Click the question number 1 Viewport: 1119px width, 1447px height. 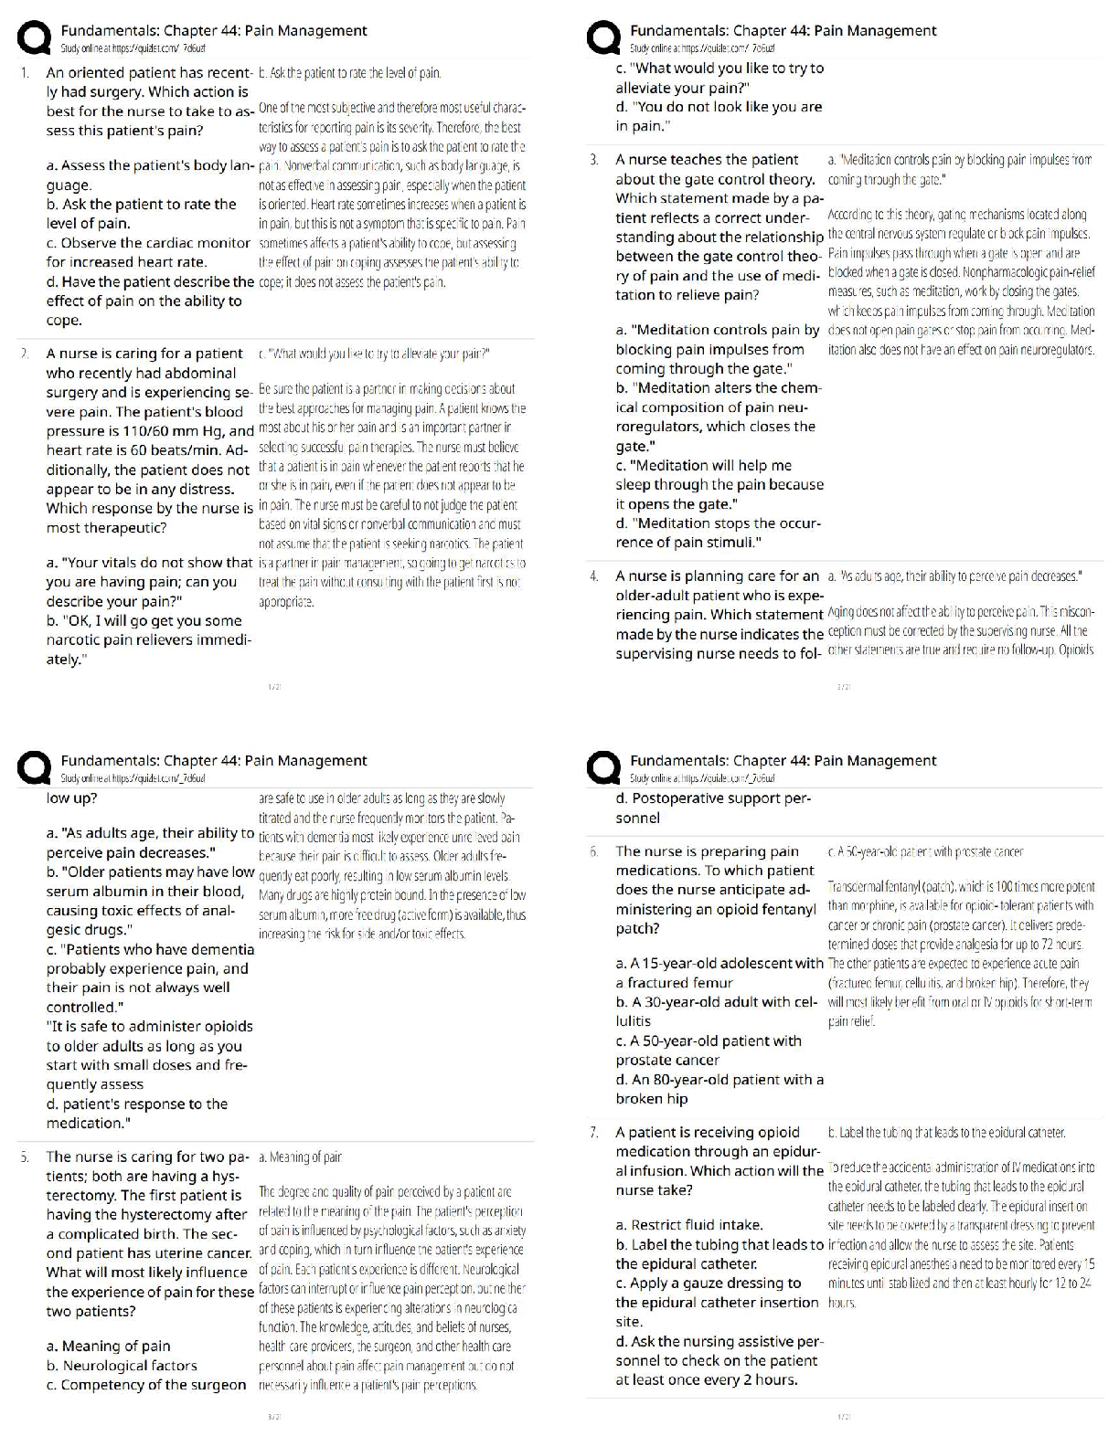25,72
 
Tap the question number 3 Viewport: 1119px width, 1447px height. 594,160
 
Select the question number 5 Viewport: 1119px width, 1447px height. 25,1157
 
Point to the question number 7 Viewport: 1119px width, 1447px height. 594,1133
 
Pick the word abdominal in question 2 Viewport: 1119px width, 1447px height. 200,373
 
